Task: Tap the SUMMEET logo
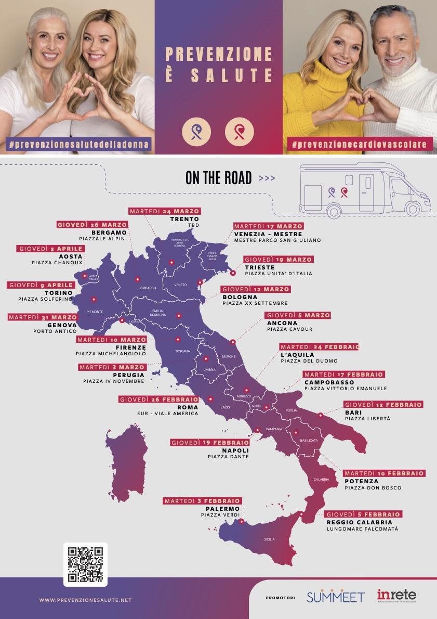(x=335, y=598)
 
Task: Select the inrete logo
(x=397, y=597)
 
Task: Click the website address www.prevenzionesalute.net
(x=85, y=600)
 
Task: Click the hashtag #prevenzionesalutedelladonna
(x=78, y=144)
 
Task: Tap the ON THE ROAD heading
(x=218, y=178)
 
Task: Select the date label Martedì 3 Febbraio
(x=202, y=500)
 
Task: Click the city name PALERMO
(x=222, y=508)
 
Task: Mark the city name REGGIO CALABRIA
(x=360, y=522)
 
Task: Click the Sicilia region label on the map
(x=269, y=539)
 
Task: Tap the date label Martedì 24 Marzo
(x=164, y=211)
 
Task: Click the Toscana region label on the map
(x=182, y=351)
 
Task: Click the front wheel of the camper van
(x=412, y=209)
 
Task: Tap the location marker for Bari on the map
(x=321, y=415)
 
